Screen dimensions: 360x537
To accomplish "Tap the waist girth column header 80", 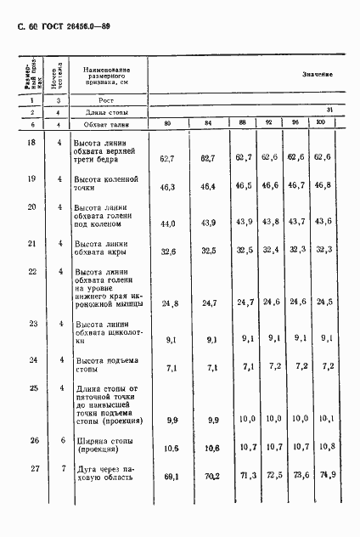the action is point(167,124).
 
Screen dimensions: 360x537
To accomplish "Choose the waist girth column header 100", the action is point(320,124).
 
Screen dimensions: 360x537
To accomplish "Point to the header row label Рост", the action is point(95,100).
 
